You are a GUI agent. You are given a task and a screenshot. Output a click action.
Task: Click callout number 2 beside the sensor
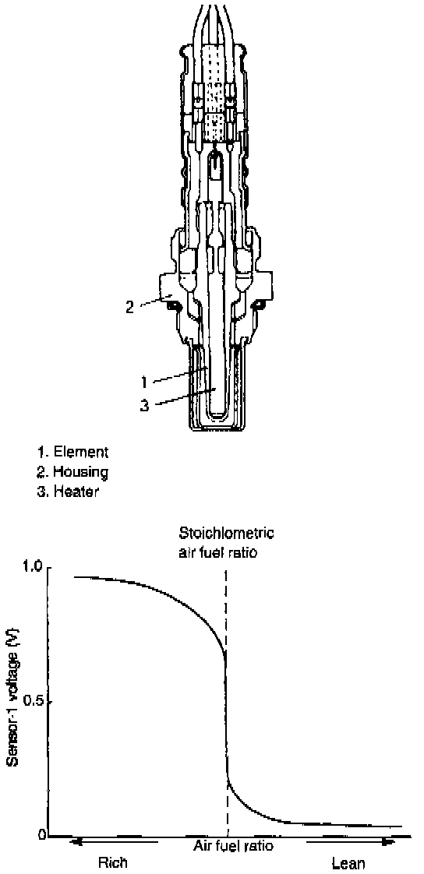(129, 307)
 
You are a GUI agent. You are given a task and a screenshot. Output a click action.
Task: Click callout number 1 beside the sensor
(144, 382)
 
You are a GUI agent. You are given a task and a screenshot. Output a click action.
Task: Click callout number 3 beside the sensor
(144, 405)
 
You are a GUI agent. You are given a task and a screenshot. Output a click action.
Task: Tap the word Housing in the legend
(81, 472)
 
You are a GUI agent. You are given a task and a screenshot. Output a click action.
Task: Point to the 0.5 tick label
(31, 701)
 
